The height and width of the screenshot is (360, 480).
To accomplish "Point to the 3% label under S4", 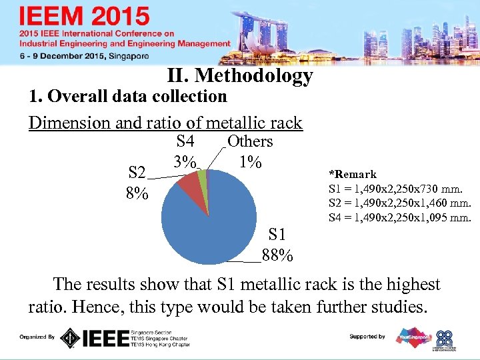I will (x=184, y=162).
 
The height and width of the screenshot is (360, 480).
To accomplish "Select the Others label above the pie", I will (x=250, y=141).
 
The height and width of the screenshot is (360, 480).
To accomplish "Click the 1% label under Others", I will (x=249, y=162).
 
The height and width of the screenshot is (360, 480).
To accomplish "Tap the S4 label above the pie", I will (x=185, y=141).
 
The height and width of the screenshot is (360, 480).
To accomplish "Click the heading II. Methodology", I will (x=240, y=76).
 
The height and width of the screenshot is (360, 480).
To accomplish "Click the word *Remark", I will (x=353, y=174).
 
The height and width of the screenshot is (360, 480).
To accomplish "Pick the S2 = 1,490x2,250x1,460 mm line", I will (x=400, y=203).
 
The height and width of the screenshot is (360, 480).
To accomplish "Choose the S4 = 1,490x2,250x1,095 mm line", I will (x=400, y=217).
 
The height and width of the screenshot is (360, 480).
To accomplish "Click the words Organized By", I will (x=37, y=337).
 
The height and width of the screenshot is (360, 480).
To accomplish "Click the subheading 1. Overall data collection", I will (x=128, y=97).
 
